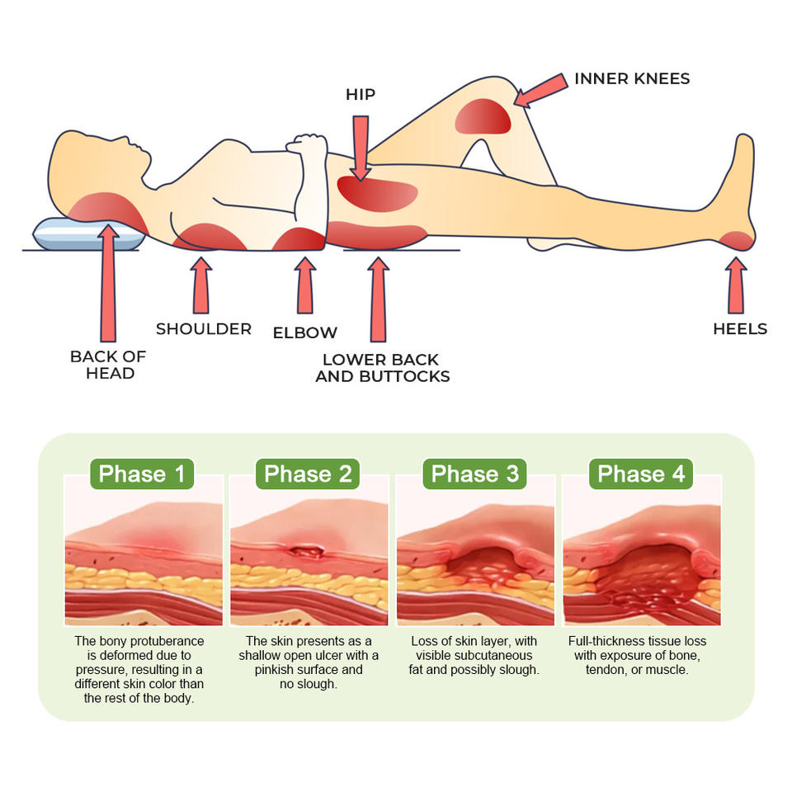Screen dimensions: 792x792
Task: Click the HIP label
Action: click(x=360, y=95)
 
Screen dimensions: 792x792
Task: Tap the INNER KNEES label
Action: click(x=632, y=79)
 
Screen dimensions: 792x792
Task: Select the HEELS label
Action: click(x=740, y=329)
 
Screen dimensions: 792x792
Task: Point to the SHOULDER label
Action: click(x=204, y=329)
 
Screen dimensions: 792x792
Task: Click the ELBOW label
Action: click(x=305, y=333)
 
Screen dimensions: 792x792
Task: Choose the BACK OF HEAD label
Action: click(x=108, y=365)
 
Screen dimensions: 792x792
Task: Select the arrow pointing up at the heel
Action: click(x=736, y=285)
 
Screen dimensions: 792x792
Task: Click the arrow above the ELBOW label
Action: click(x=305, y=285)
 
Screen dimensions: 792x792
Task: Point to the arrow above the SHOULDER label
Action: click(x=200, y=285)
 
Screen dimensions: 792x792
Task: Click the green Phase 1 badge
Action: click(x=142, y=474)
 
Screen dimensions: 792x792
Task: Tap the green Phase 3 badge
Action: click(x=475, y=474)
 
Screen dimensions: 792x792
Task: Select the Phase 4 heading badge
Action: click(x=641, y=474)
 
